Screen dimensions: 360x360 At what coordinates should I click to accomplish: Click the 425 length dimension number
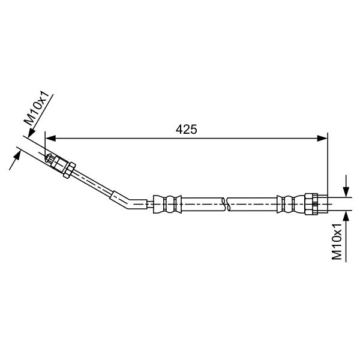click(186, 129)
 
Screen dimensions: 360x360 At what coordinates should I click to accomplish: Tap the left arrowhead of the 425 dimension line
click(50, 138)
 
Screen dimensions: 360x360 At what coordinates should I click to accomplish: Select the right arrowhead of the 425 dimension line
click(322, 138)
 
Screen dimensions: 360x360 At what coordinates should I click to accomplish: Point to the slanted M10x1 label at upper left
click(37, 108)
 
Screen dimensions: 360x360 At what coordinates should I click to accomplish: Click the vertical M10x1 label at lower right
click(337, 241)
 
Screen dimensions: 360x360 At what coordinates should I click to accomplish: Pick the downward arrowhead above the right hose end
click(346, 192)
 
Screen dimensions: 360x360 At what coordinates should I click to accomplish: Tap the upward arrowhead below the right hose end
click(346, 216)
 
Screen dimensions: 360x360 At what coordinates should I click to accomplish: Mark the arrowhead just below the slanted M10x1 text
click(31, 133)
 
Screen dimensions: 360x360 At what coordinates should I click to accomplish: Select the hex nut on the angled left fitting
click(70, 170)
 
